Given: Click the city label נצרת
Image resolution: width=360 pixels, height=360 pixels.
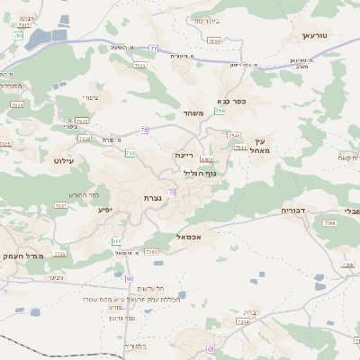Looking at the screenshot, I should pos(151,197).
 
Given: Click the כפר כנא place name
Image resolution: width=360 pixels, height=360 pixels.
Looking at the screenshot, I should pos(231,102).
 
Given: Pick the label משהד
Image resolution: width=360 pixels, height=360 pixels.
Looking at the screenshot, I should pos(194,113).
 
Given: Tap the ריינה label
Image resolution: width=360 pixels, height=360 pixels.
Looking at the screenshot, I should pos(184,155).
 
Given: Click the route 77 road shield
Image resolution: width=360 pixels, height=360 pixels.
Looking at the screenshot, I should pos(154,48).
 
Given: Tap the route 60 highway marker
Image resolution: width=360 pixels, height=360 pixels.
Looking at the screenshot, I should pos(130,278).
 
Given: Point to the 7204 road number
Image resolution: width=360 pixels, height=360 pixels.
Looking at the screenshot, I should pos(242,321).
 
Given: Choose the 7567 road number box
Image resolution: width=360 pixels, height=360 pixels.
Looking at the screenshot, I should pos(61,206).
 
